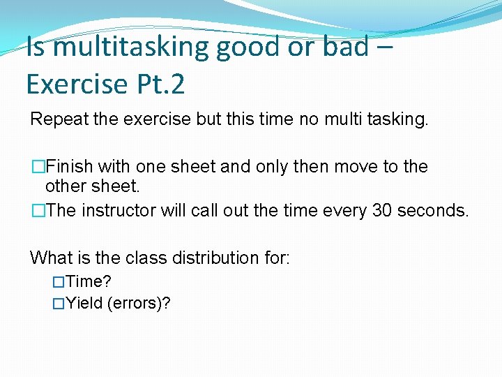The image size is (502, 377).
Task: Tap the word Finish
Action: pos(71,167)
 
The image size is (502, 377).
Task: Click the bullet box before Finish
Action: pos(37,168)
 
